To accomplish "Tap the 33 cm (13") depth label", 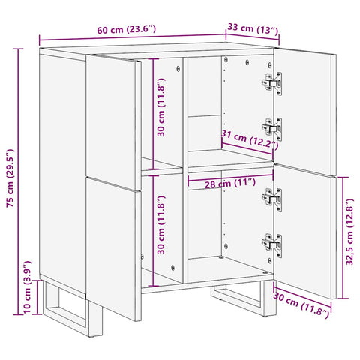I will click(252, 29).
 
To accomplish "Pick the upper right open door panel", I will click(304, 105).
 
